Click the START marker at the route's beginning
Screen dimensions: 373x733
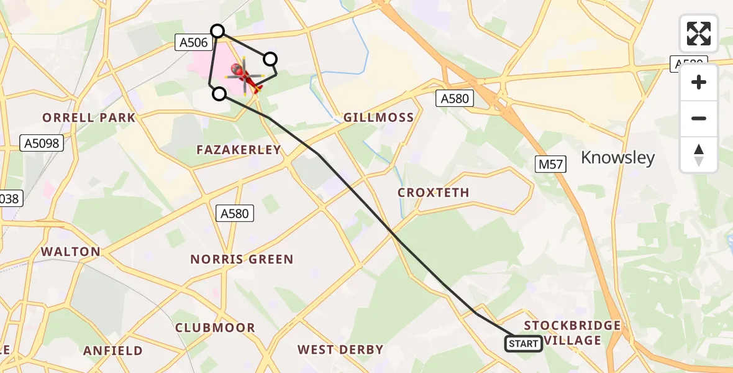coord(524,344)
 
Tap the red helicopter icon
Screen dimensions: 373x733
coord(245,76)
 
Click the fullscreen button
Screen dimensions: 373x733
coord(699,34)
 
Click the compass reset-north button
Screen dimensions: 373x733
coord(699,155)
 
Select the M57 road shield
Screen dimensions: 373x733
coord(550,165)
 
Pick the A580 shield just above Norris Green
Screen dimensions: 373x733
coord(235,214)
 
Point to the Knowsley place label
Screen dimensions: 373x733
coord(617,158)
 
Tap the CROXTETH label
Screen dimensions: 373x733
coord(434,193)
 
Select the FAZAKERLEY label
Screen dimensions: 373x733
coord(239,150)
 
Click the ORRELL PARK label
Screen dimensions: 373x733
coord(89,117)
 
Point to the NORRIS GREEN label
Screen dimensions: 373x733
coord(242,259)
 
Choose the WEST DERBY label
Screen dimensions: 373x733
coord(340,349)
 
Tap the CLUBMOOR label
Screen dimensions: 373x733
coord(215,328)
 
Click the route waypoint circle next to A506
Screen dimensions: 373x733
coord(217,30)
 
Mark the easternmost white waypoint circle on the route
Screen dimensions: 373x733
coord(270,59)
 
